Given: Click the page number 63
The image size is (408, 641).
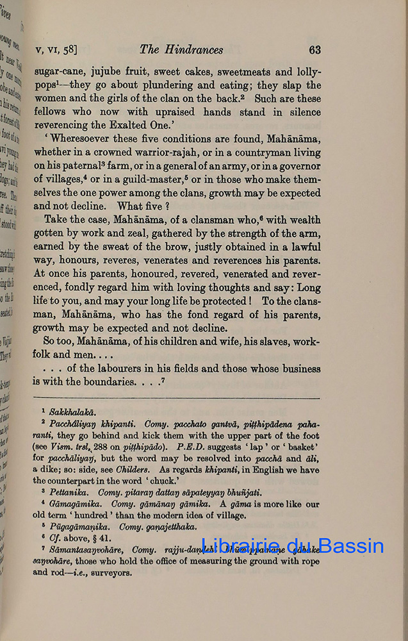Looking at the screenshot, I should pyautogui.click(x=314, y=50).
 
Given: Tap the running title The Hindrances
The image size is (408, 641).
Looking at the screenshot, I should pyautogui.click(x=181, y=50).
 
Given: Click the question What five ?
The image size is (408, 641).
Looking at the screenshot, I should pyautogui.click(x=143, y=206).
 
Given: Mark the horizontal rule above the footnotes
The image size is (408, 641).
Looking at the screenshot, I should pyautogui.click(x=177, y=399).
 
